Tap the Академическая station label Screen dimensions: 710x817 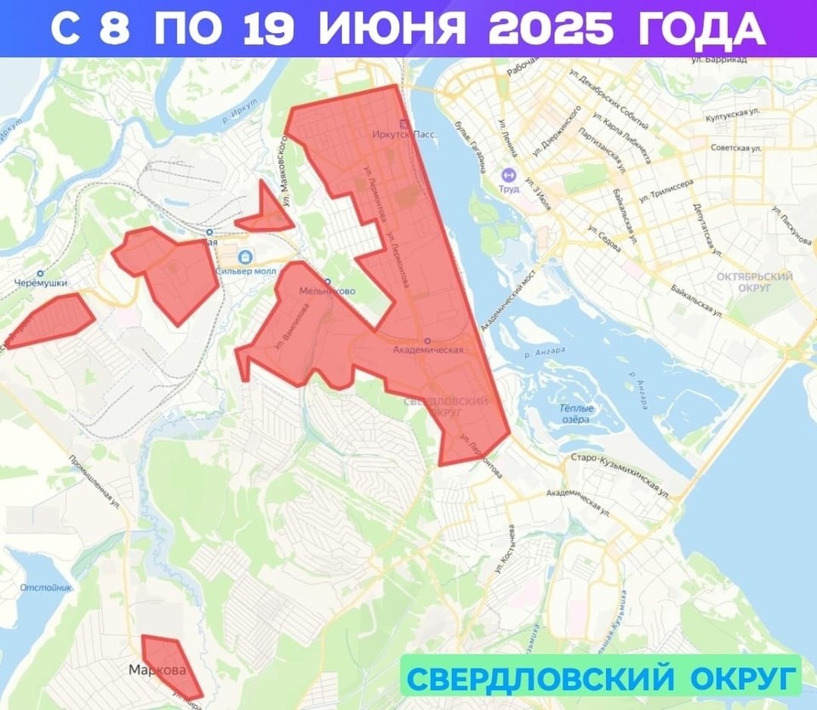click(429, 349)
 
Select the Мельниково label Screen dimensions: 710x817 click(327, 291)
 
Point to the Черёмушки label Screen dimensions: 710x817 click(40, 283)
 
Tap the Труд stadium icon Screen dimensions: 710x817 click(509, 174)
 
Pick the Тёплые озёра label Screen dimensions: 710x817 click(577, 414)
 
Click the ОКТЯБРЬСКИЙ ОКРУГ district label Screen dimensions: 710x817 click(754, 282)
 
